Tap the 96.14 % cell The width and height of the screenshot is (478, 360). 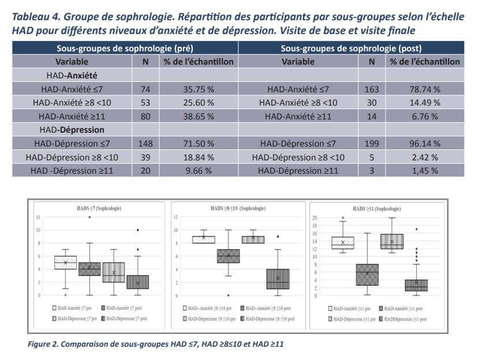[x=425, y=143]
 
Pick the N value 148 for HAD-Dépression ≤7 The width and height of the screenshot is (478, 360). [x=145, y=143]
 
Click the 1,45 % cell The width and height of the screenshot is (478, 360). [x=425, y=170]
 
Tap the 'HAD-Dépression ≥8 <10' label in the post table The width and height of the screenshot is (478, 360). [x=298, y=157]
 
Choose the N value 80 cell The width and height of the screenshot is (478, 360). [x=145, y=116]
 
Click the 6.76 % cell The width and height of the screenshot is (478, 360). [x=425, y=116]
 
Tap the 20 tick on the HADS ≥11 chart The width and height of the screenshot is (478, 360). [x=315, y=217]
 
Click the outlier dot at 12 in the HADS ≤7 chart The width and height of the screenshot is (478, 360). [x=89, y=217]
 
